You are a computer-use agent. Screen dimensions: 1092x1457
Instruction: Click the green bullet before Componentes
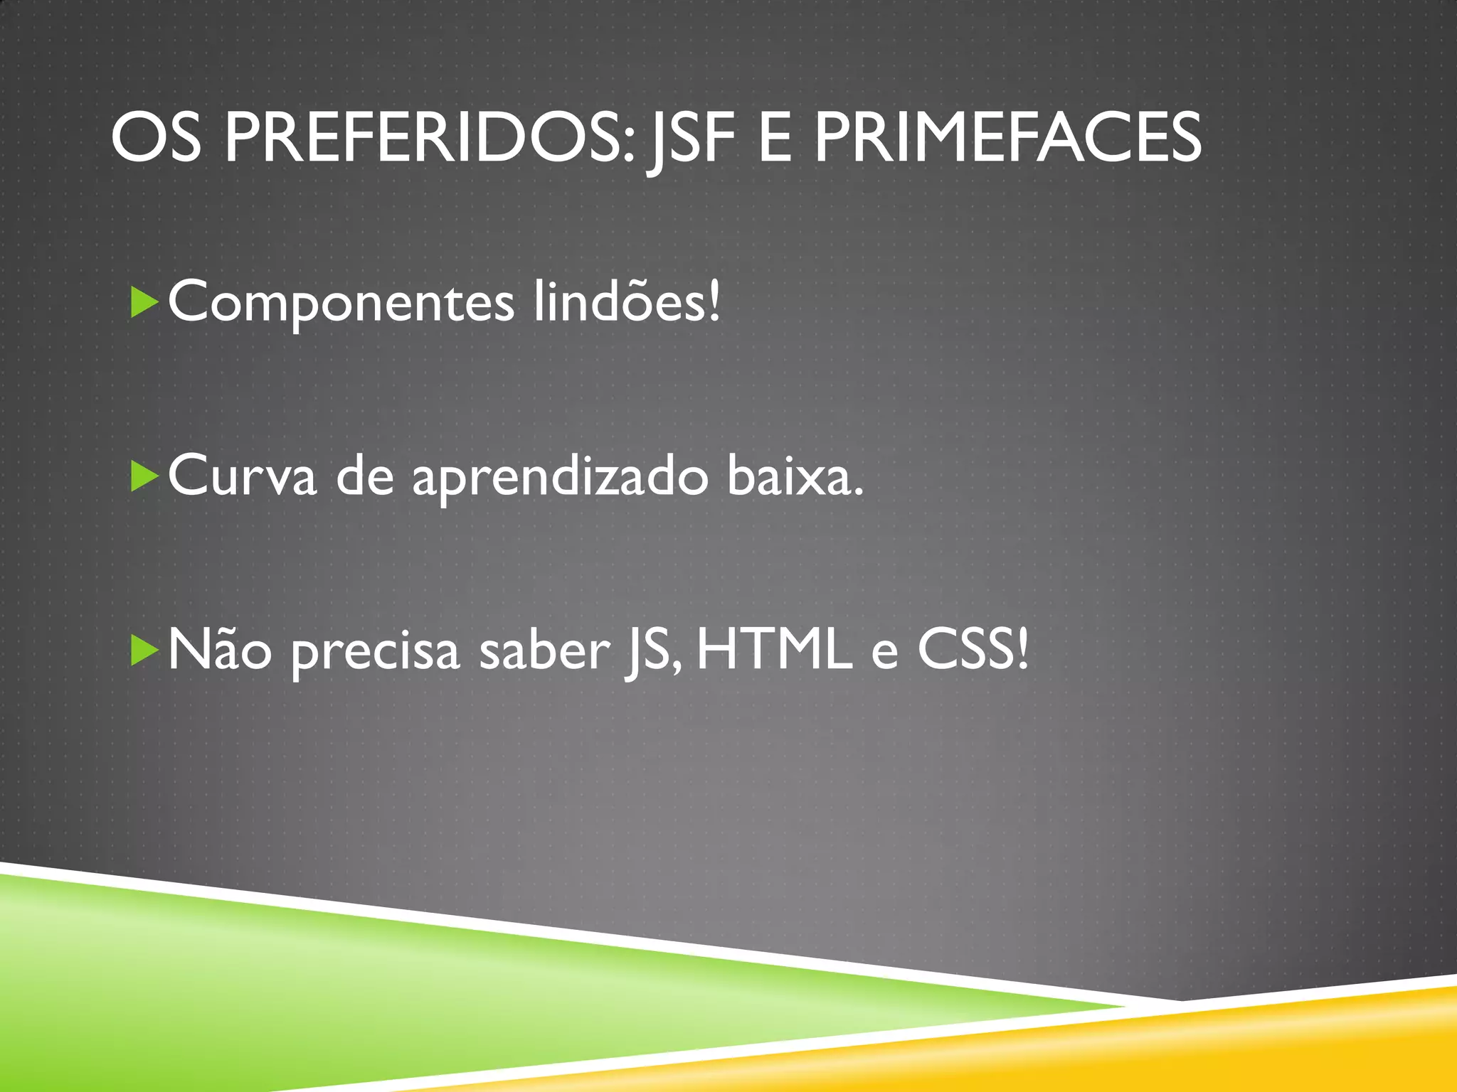[x=144, y=303]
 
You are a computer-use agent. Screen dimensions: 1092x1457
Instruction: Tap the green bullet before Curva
[x=144, y=476]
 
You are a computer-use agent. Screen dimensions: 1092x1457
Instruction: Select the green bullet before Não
[x=144, y=651]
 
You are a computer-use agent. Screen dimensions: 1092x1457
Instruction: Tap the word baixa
[x=795, y=475]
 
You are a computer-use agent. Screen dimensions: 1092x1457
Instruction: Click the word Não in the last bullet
[x=220, y=650]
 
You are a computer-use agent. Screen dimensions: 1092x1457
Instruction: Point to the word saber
[x=544, y=650]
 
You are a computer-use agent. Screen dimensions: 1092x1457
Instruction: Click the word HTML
[x=774, y=650]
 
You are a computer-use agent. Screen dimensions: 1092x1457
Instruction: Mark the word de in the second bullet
[x=365, y=475]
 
